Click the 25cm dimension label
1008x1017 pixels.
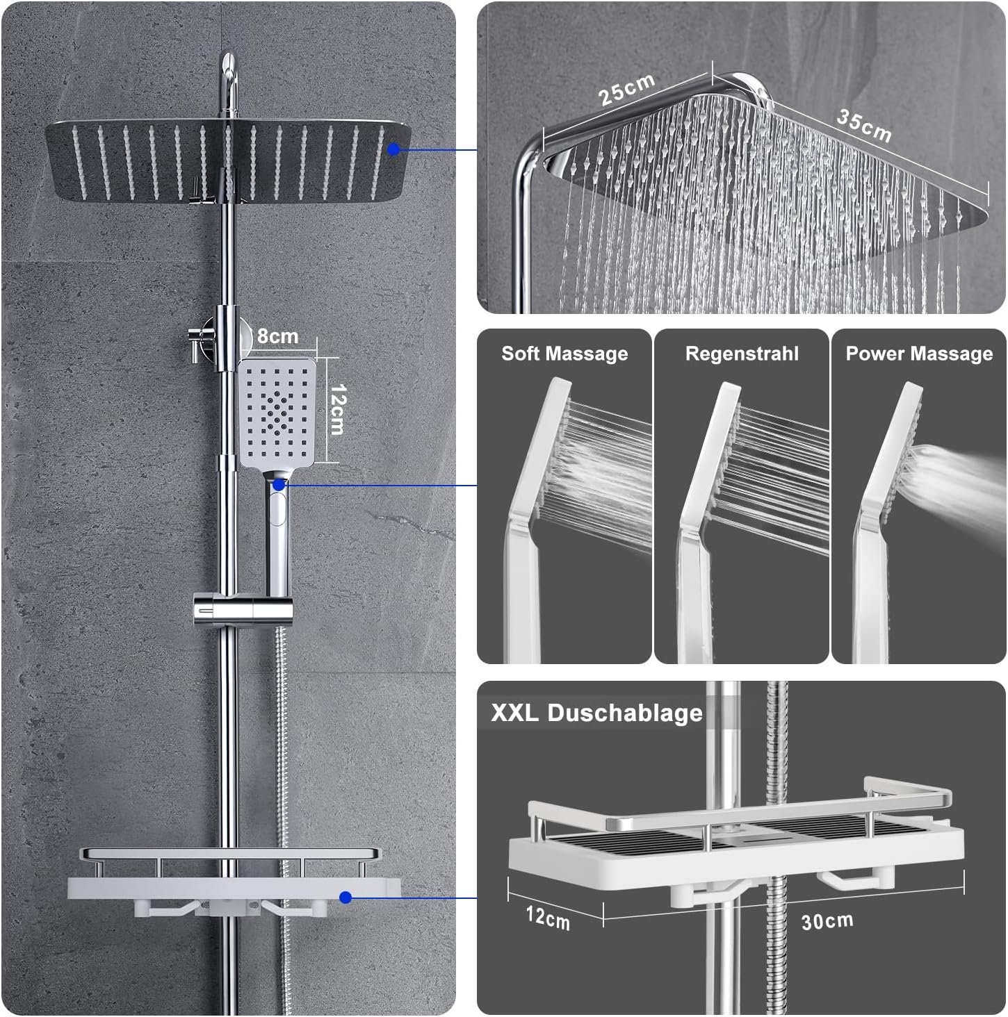(x=626, y=89)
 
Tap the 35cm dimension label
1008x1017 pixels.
(x=864, y=126)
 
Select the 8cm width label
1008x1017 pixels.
(x=278, y=336)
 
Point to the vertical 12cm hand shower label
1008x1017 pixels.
(x=338, y=410)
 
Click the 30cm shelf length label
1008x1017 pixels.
(x=827, y=921)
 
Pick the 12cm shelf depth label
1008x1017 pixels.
(x=548, y=918)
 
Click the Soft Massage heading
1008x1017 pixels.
(x=564, y=353)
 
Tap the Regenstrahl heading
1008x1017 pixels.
(x=742, y=354)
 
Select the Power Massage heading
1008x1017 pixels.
(x=919, y=354)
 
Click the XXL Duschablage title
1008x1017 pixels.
(x=597, y=713)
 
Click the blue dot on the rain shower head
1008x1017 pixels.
(x=393, y=149)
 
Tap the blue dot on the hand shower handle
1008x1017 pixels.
(x=279, y=484)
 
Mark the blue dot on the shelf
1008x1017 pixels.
(x=346, y=898)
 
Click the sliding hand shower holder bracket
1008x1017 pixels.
(x=243, y=608)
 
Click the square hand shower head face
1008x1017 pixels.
(x=277, y=412)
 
